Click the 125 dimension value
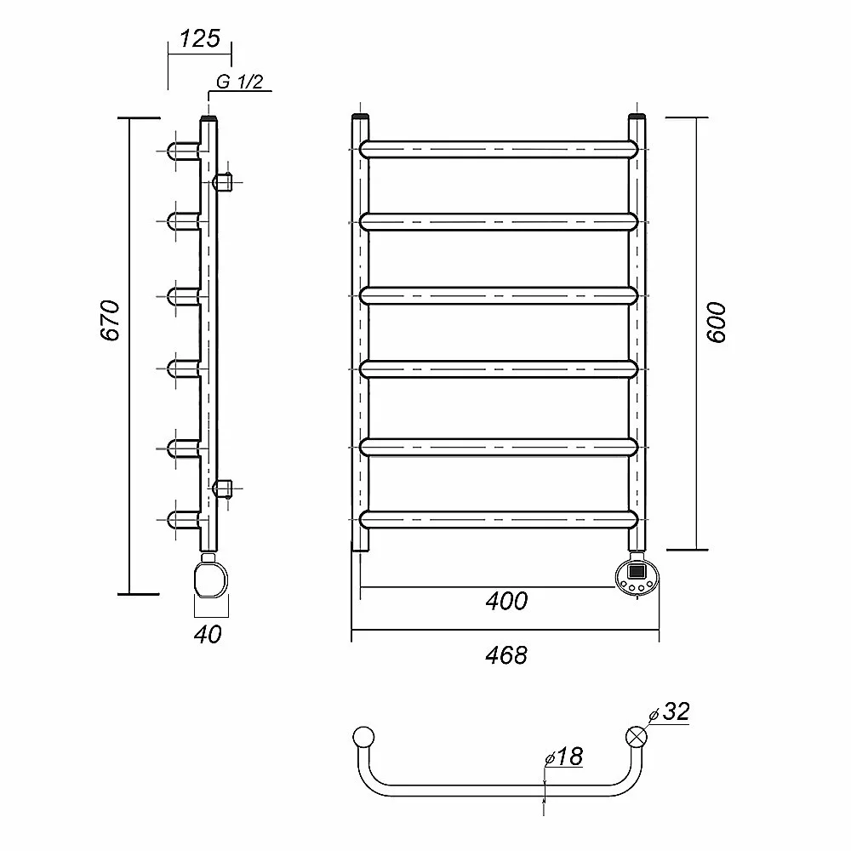pyautogui.click(x=200, y=38)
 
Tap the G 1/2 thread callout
pyautogui.click(x=239, y=82)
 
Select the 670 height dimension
pyautogui.click(x=110, y=320)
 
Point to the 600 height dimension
pyautogui.click(x=717, y=323)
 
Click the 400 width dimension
pyautogui.click(x=506, y=601)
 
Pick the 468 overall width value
pyautogui.click(x=505, y=655)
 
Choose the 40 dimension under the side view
pyautogui.click(x=208, y=634)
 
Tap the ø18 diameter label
pyautogui.click(x=564, y=757)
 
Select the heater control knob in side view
pyautogui.click(x=211, y=580)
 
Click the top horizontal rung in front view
pyautogui.click(x=498, y=149)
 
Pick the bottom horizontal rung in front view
pyautogui.click(x=498, y=519)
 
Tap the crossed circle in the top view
pyautogui.click(x=637, y=737)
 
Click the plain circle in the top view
pyautogui.click(x=363, y=737)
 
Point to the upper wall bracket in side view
pyautogui.click(x=223, y=182)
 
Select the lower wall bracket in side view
pyautogui.click(x=223, y=488)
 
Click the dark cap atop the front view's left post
pyautogui.click(x=360, y=116)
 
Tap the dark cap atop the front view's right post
pyautogui.click(x=637, y=116)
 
